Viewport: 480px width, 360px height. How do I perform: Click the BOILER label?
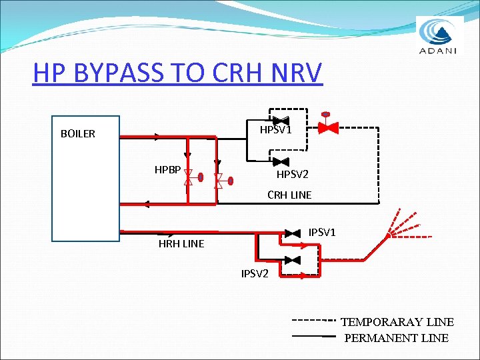coord(78,133)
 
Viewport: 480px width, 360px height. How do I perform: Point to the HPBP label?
coord(167,170)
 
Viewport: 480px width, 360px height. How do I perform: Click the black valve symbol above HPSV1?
coord(281,119)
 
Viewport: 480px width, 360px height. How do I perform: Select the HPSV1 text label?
coord(276,130)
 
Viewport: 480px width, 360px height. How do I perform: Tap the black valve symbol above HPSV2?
coord(281,161)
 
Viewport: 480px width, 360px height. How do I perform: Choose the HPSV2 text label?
coord(293,175)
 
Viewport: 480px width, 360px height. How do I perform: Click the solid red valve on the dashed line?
coord(327,127)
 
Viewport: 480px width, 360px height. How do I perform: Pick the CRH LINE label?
coord(289,195)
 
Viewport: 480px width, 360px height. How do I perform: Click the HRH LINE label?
coord(181,244)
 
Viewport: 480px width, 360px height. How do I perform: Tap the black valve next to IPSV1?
coord(292,233)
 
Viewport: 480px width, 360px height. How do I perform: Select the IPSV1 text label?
coord(322,232)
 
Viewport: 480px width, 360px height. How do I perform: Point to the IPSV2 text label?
coord(255,273)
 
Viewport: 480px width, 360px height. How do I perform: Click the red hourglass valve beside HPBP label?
coord(188,177)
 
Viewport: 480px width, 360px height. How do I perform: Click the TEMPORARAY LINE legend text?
coord(397,322)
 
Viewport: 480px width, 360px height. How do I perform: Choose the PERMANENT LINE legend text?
coord(396,338)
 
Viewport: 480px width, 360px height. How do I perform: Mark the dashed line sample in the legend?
coord(314,321)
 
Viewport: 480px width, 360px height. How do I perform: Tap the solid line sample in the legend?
coord(313,336)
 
